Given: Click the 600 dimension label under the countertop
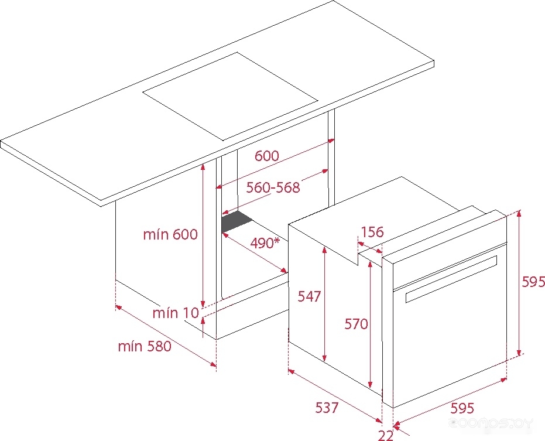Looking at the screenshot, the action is pyautogui.click(x=266, y=155).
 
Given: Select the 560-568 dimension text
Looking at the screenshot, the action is pyautogui.click(x=273, y=187).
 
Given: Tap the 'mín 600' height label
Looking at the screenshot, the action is pyautogui.click(x=170, y=234).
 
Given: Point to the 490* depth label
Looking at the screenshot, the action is pyautogui.click(x=265, y=243).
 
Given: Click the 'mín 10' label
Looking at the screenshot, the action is pyautogui.click(x=176, y=313).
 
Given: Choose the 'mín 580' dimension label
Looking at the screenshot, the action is pyautogui.click(x=145, y=346).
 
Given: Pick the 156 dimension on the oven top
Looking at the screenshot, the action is pyautogui.click(x=372, y=232).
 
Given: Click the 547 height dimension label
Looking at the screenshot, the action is pyautogui.click(x=309, y=296).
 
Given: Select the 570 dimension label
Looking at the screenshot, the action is pyautogui.click(x=357, y=324).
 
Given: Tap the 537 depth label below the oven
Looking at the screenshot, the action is pyautogui.click(x=327, y=408).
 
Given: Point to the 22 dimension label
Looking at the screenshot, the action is pyautogui.click(x=385, y=435).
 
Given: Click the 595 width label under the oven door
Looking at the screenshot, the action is pyautogui.click(x=462, y=408).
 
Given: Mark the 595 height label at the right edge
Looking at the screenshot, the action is pyautogui.click(x=533, y=282).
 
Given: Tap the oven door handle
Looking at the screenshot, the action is pyautogui.click(x=451, y=279).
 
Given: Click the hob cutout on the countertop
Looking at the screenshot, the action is pyautogui.click(x=230, y=96).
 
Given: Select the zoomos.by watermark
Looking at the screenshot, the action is pyautogui.click(x=491, y=423).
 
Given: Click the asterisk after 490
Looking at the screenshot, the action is pyautogui.click(x=277, y=240).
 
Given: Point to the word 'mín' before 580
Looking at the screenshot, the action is pyautogui.click(x=130, y=346).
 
